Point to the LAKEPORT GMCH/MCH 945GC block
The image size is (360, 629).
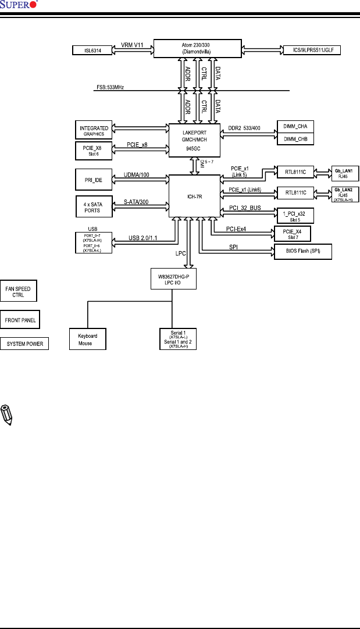pyautogui.click(x=195, y=140)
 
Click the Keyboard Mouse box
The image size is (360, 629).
pyautogui.click(x=87, y=339)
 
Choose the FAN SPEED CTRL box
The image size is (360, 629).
pyautogui.click(x=19, y=291)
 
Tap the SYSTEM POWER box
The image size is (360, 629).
pyautogui.click(x=24, y=344)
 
